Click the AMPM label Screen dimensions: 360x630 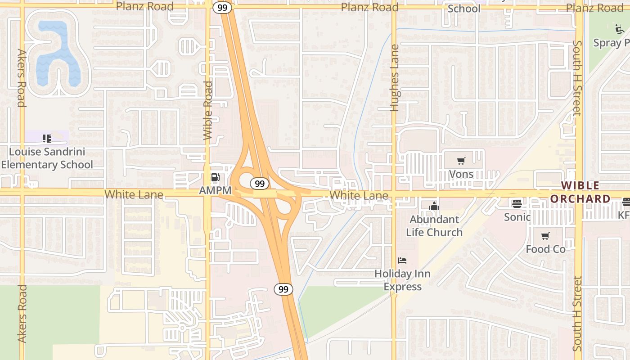[x=215, y=191]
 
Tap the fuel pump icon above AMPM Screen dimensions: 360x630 [x=216, y=178]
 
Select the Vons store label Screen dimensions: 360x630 [x=461, y=174]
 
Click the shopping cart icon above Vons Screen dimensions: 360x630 [x=461, y=161]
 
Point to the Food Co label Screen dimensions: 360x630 [x=545, y=249]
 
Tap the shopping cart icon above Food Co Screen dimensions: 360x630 [x=545, y=236]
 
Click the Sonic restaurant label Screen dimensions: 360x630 [x=517, y=217]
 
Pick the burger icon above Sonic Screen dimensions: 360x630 [x=517, y=204]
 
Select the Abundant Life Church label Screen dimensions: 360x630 [x=434, y=226]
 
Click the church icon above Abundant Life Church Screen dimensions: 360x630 [x=434, y=207]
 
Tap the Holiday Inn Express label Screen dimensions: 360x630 [x=402, y=280]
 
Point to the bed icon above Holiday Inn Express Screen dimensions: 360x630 [x=402, y=261]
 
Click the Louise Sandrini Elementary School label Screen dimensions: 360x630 [x=47, y=158]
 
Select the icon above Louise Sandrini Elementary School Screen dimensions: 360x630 [x=47, y=138]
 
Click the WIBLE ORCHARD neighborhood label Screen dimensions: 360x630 [x=580, y=192]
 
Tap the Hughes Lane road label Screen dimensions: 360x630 [x=395, y=77]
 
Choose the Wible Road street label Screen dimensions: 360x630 [x=207, y=110]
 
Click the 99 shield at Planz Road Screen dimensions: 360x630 [x=222, y=8]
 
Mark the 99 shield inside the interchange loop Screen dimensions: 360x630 [x=260, y=183]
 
